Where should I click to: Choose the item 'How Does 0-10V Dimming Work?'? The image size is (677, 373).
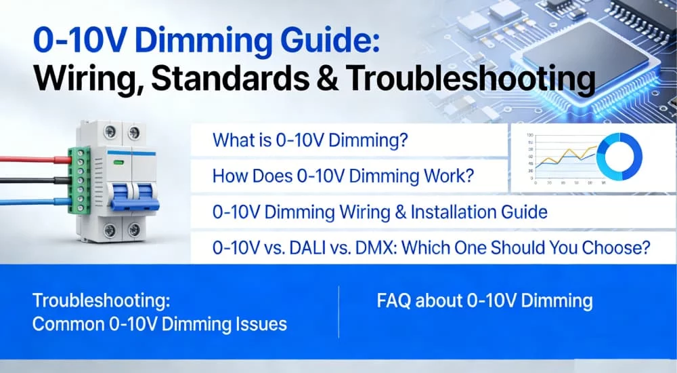[343, 176]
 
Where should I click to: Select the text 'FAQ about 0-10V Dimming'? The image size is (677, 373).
[485, 300]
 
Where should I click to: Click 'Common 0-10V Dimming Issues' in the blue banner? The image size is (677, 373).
[160, 323]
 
